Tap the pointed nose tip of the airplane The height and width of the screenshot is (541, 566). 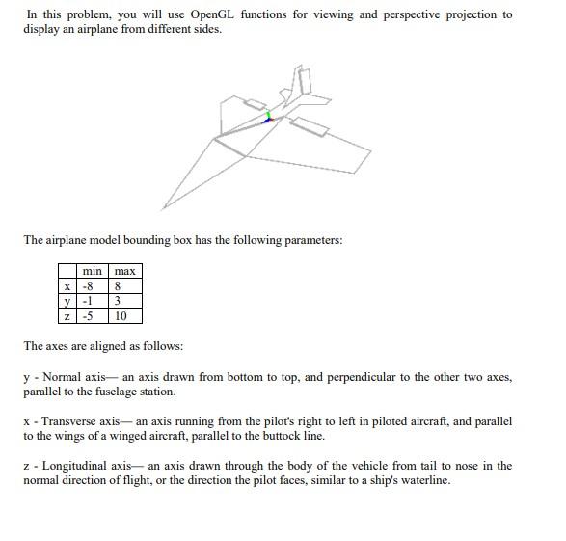click(164, 207)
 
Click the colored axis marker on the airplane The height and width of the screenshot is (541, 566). click(269, 117)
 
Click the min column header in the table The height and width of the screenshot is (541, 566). click(93, 272)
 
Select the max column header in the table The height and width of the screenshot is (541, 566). click(125, 272)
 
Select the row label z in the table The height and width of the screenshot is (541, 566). click(67, 315)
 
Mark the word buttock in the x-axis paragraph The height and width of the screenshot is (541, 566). click(396, 436)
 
